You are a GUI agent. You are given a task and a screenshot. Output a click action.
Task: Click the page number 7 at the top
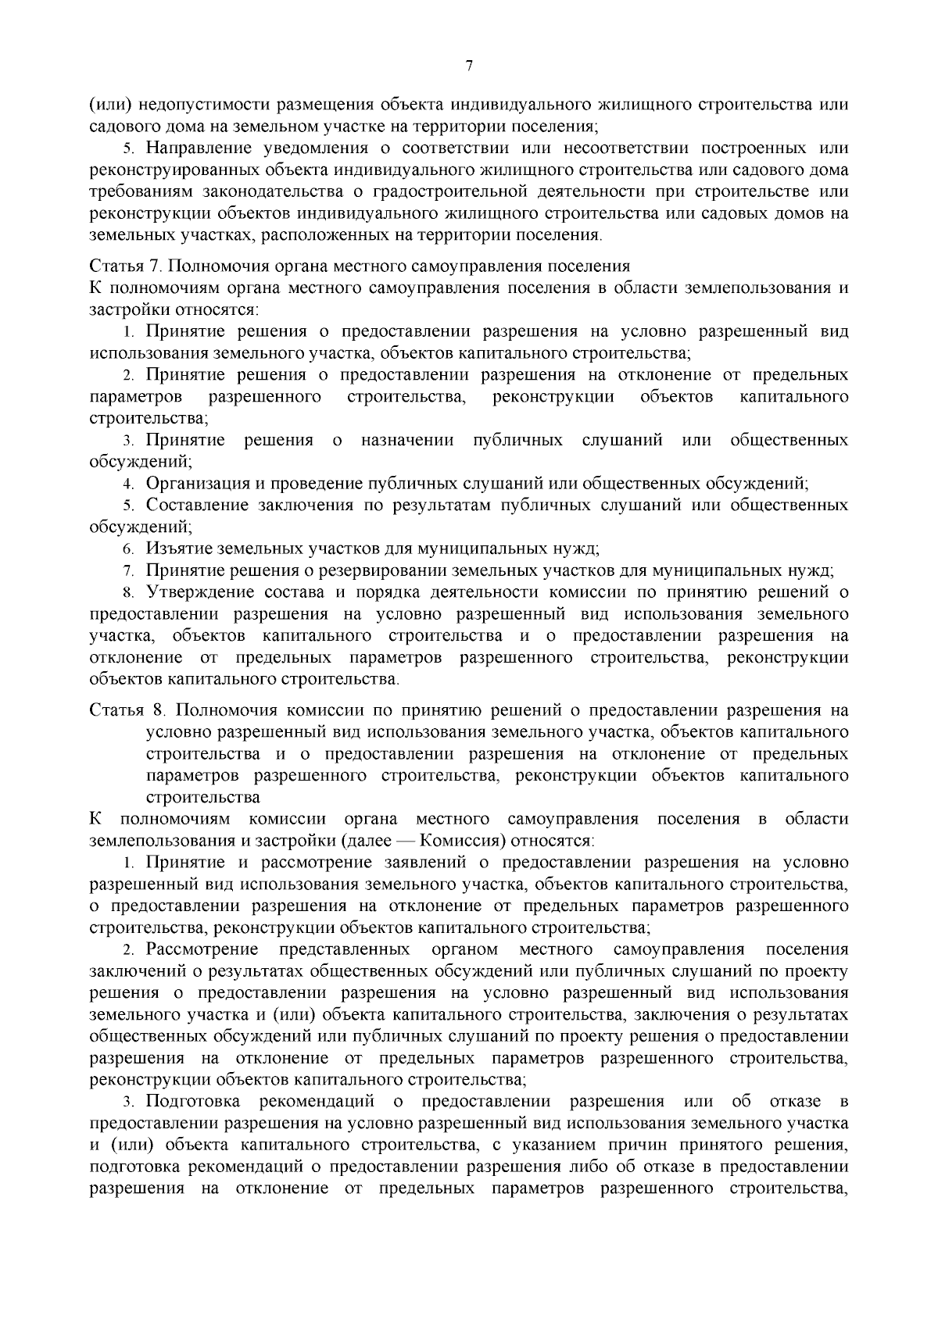469,66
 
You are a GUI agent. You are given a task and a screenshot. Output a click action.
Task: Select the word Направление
197,148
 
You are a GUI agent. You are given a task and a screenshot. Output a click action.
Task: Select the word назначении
407,440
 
